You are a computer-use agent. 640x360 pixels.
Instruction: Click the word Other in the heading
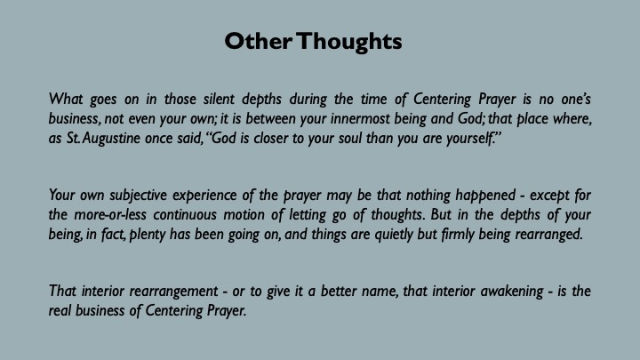[259, 41]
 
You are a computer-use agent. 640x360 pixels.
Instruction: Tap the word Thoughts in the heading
[349, 42]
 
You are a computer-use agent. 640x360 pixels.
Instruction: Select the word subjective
[138, 195]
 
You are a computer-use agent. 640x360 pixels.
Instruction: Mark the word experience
[204, 195]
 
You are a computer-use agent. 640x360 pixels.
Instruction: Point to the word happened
[485, 195]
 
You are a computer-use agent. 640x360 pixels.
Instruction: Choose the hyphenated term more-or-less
[110, 215]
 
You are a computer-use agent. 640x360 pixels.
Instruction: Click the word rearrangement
[173, 292]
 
